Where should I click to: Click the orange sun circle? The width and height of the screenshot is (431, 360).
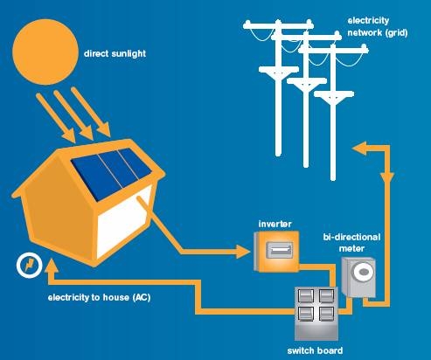coord(45,52)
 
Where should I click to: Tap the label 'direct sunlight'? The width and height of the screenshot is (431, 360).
coord(115,54)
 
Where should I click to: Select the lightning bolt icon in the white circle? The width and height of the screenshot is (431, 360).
coord(30,266)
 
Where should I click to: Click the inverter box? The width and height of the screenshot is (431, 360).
coord(276,252)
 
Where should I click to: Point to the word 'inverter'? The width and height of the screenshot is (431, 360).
coord(275,224)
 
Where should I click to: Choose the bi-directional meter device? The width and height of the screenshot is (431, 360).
coord(358,277)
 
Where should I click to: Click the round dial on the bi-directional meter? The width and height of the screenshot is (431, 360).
coord(363,272)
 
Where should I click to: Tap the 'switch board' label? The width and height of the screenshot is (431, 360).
coord(315,350)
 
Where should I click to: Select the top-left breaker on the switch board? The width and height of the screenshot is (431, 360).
coord(306,296)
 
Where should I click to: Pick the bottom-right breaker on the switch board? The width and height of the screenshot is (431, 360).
coord(326,314)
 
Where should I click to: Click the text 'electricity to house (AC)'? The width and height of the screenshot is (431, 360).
coord(99,298)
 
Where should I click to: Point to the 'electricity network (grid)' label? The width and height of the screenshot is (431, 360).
coord(378,27)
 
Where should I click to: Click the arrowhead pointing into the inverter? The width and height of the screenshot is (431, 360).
coord(242,252)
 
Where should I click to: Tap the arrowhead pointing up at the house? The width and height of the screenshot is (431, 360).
coord(52,266)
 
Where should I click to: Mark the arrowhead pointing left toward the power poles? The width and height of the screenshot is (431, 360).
coord(360,149)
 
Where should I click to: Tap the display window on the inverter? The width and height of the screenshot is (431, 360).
coord(280,250)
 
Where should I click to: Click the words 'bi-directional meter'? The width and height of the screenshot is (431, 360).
coord(351,243)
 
